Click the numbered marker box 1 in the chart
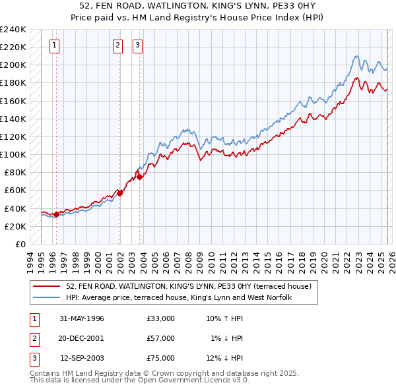pos(53,45)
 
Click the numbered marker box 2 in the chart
pos(117,45)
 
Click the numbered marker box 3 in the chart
pos(137,45)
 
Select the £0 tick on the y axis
pos(20,244)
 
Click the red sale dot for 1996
pos(56,214)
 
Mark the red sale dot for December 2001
pos(120,193)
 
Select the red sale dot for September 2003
pos(140,177)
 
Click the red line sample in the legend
pos(48,286)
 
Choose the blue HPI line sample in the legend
pos(48,297)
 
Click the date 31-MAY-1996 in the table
pos(82,318)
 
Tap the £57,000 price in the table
pos(161,338)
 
